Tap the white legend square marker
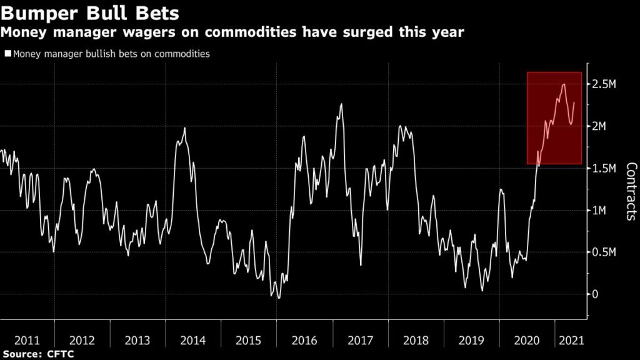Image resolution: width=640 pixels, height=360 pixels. tap(7, 54)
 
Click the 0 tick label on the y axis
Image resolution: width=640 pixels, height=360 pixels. tap(596, 294)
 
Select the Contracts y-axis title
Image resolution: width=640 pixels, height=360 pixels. tap(631, 191)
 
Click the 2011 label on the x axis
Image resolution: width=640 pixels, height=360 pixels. tap(27, 341)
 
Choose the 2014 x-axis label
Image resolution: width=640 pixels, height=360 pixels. tap(194, 341)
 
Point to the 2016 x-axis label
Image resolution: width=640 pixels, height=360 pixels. tap(305, 341)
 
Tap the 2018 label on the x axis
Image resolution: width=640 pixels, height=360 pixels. tap(416, 341)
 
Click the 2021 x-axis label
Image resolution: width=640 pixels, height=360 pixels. tap(570, 341)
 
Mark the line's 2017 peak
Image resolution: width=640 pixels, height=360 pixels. tap(341, 104)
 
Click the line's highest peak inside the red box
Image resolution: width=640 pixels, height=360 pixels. tap(564, 84)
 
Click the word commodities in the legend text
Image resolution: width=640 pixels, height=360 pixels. tap(179, 54)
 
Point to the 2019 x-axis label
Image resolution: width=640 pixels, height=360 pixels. tap(472, 341)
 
